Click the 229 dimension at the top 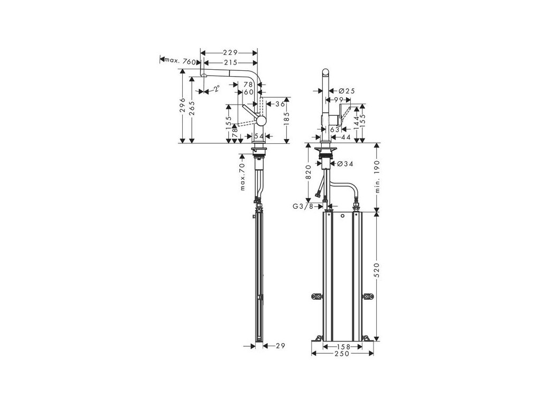229,53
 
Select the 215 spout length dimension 229,63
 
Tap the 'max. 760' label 181,61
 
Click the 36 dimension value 280,104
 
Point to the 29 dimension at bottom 280,346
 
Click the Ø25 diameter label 347,91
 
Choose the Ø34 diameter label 344,164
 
